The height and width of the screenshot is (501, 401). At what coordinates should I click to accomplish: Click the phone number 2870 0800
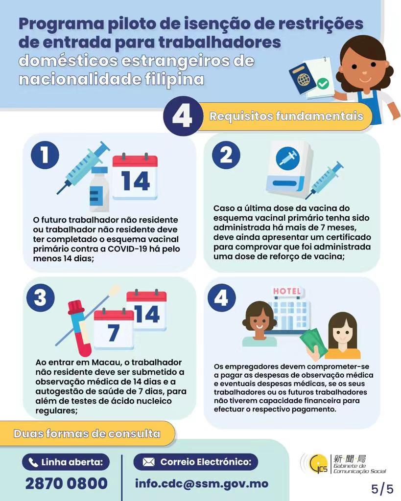67,483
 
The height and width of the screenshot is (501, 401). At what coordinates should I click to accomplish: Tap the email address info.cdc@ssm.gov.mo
202,483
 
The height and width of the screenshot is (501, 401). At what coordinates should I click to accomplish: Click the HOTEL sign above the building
287,291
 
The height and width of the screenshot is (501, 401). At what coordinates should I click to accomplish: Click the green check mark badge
323,84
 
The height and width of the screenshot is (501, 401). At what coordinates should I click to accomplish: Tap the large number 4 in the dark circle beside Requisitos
183,115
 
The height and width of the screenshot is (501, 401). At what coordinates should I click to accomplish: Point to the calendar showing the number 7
114,329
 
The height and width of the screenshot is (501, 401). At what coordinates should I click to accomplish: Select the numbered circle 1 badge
45,155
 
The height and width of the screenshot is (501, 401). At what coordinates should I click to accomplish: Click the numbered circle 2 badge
226,155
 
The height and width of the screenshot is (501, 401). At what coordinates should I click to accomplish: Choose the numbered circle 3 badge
41,298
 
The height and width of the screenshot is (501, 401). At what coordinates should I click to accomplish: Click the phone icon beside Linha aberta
33,462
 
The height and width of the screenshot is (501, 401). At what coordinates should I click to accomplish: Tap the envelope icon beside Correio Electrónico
148,462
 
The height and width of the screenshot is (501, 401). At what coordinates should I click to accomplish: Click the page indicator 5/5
382,489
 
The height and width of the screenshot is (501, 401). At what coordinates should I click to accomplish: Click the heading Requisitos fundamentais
286,116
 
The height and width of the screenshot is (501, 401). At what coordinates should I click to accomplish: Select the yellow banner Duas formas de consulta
87,433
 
